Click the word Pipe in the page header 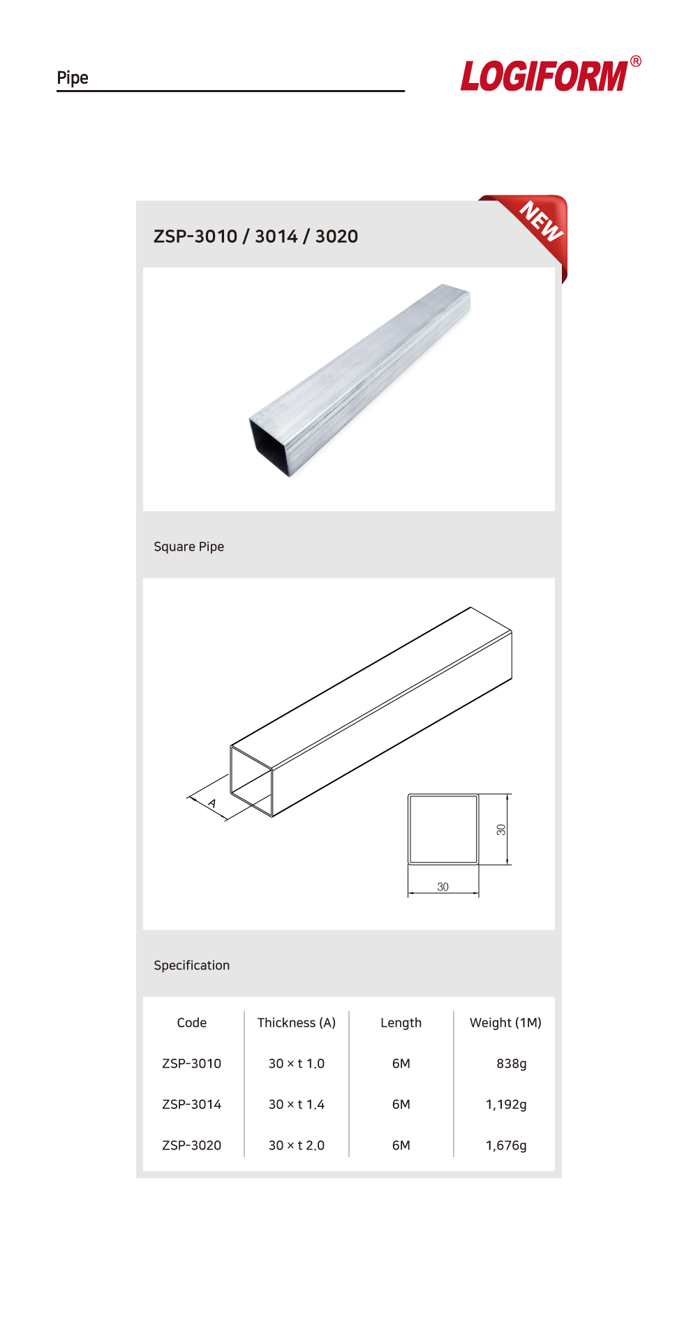pyautogui.click(x=73, y=77)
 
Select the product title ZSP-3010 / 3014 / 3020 pyautogui.click(x=255, y=237)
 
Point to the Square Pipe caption pyautogui.click(x=189, y=546)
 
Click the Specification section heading pyautogui.click(x=192, y=965)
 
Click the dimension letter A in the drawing pyautogui.click(x=212, y=803)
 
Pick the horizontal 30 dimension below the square pyautogui.click(x=443, y=887)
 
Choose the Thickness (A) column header pyautogui.click(x=297, y=1023)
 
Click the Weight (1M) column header pyautogui.click(x=505, y=1023)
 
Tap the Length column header pyautogui.click(x=401, y=1023)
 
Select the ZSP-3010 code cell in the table pyautogui.click(x=192, y=1064)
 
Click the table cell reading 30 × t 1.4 pyautogui.click(x=297, y=1105)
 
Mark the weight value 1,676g pyautogui.click(x=506, y=1146)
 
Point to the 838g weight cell pyautogui.click(x=512, y=1064)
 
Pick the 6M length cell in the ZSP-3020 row pyautogui.click(x=401, y=1145)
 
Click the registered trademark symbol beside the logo pyautogui.click(x=636, y=61)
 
